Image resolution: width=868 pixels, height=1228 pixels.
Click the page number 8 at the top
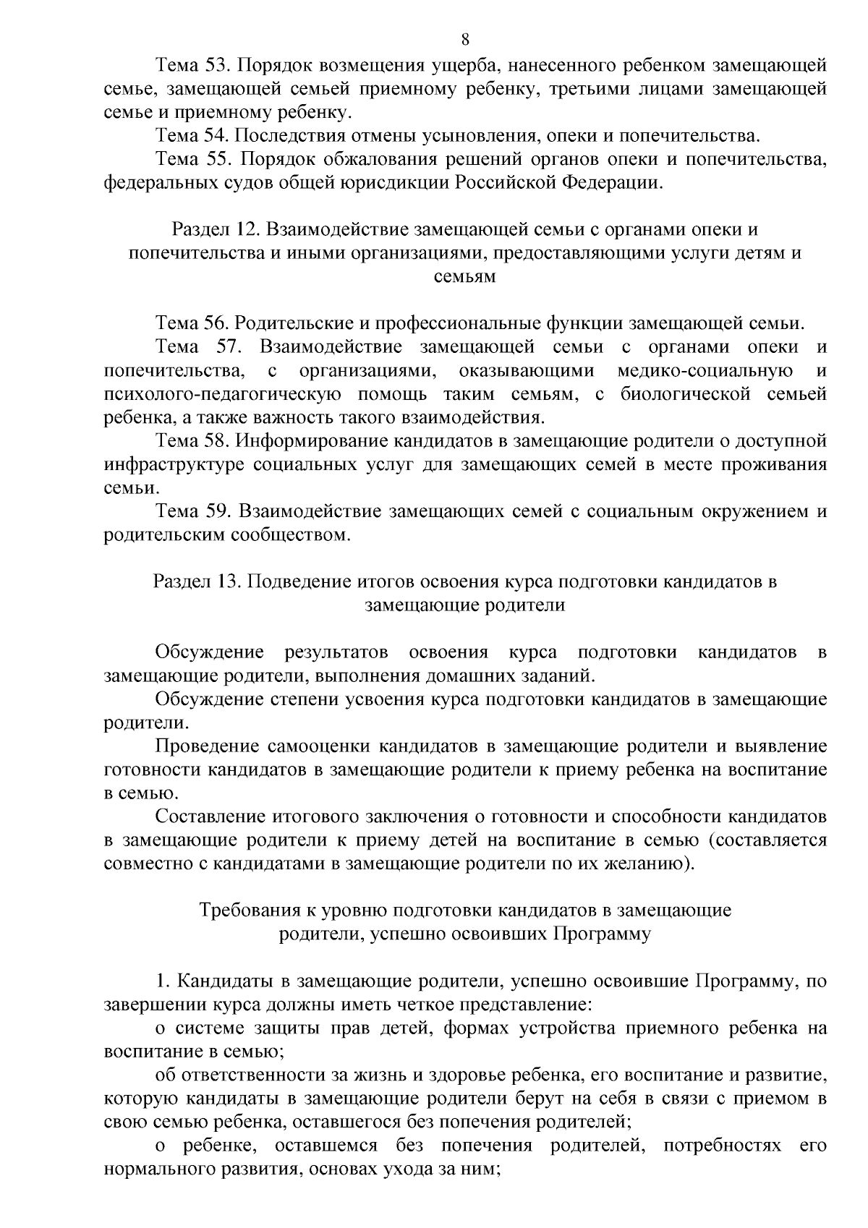(x=465, y=39)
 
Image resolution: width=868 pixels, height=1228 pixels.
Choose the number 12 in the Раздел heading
(x=243, y=229)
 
